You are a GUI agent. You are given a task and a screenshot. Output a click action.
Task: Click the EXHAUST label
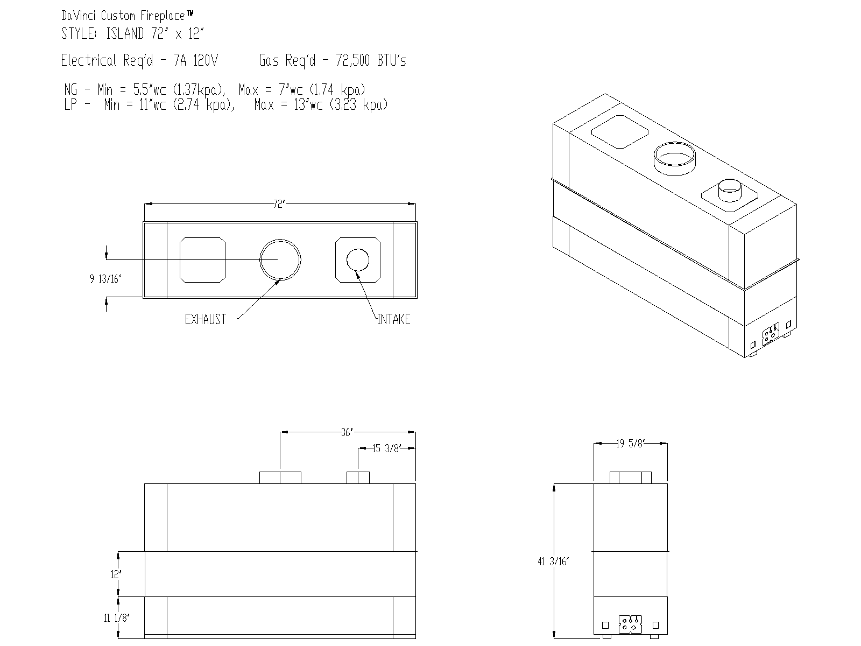(x=205, y=320)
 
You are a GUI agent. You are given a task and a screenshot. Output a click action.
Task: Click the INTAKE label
(x=394, y=320)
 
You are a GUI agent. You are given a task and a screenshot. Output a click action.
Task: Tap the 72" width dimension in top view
(x=278, y=205)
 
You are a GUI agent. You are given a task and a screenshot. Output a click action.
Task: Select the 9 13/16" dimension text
(x=106, y=279)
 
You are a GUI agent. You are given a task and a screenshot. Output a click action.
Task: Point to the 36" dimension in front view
(x=347, y=432)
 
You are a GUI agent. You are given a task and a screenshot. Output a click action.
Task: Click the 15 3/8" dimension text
(x=386, y=448)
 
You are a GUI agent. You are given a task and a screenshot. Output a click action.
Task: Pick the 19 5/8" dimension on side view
(x=630, y=444)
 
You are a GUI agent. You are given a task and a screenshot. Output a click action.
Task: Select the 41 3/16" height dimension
(x=553, y=561)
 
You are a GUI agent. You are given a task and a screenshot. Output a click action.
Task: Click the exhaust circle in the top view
(x=280, y=259)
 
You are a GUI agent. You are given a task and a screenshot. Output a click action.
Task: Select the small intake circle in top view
(x=358, y=260)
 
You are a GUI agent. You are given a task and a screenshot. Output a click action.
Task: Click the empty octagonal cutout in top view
(x=202, y=260)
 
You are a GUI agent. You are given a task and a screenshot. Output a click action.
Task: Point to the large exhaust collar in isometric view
(x=674, y=157)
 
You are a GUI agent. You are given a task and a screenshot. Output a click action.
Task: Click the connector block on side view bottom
(x=630, y=625)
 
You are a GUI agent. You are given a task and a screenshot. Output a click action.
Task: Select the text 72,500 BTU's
(x=371, y=61)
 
